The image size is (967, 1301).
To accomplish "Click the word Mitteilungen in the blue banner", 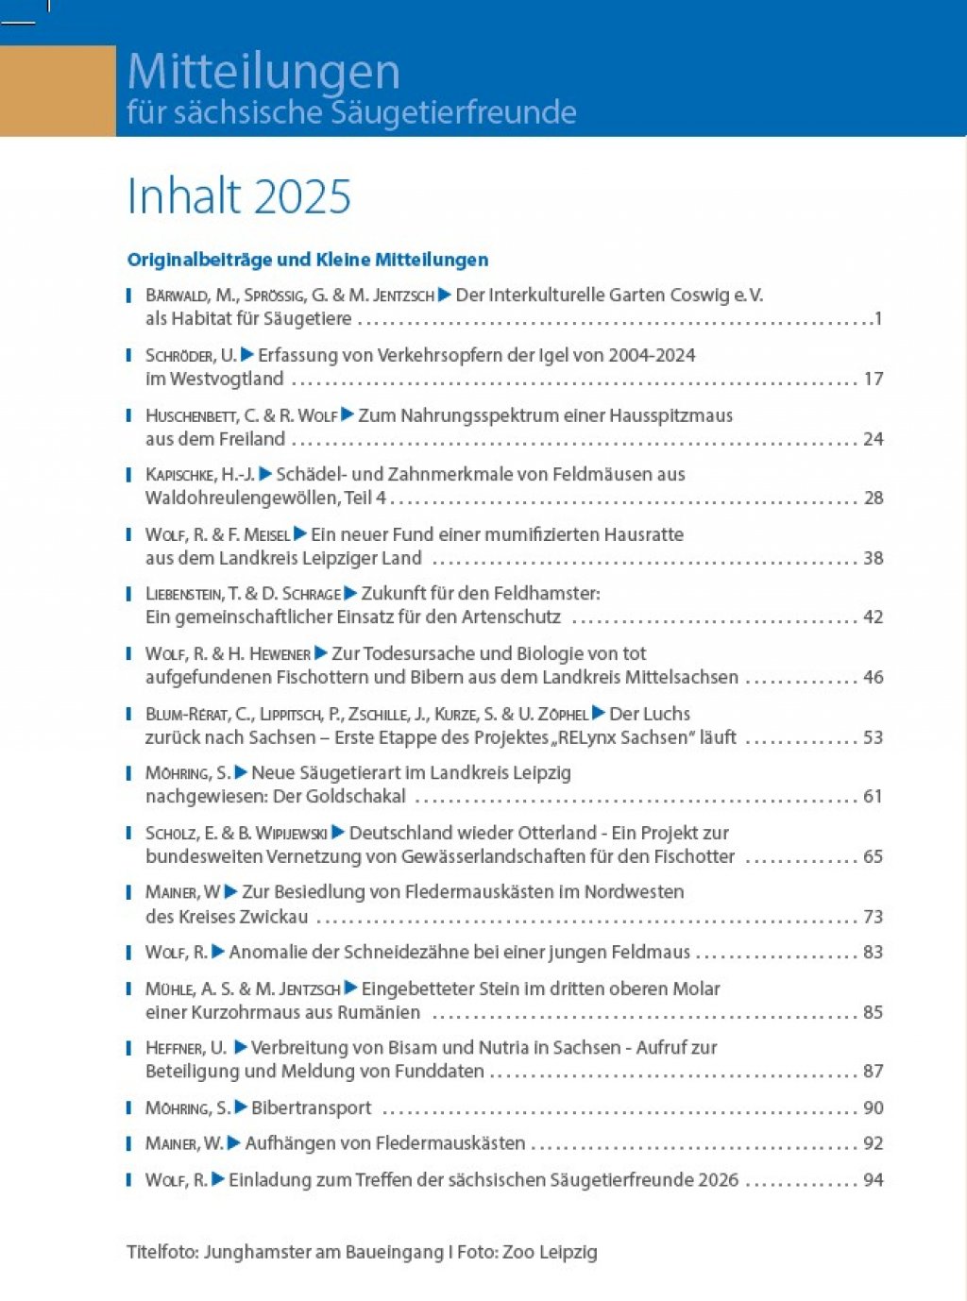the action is tap(263, 73).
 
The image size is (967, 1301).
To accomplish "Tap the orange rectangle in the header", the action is tap(58, 91).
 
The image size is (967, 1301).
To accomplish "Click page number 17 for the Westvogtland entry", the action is tap(874, 379).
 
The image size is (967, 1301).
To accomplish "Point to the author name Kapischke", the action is tap(180, 475).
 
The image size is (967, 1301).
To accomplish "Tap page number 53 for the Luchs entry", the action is tap(874, 737).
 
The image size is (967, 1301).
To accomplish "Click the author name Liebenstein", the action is tap(184, 594).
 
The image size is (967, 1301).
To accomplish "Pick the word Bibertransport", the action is tap(311, 1108).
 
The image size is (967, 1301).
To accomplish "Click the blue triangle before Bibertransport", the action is tap(240, 1107).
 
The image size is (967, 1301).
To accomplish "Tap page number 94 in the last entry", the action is tap(874, 1180).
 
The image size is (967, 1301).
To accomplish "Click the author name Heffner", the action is tap(175, 1048).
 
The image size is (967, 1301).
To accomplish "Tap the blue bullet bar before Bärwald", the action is tap(128, 296).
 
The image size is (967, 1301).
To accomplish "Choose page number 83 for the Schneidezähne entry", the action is tap(874, 952).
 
